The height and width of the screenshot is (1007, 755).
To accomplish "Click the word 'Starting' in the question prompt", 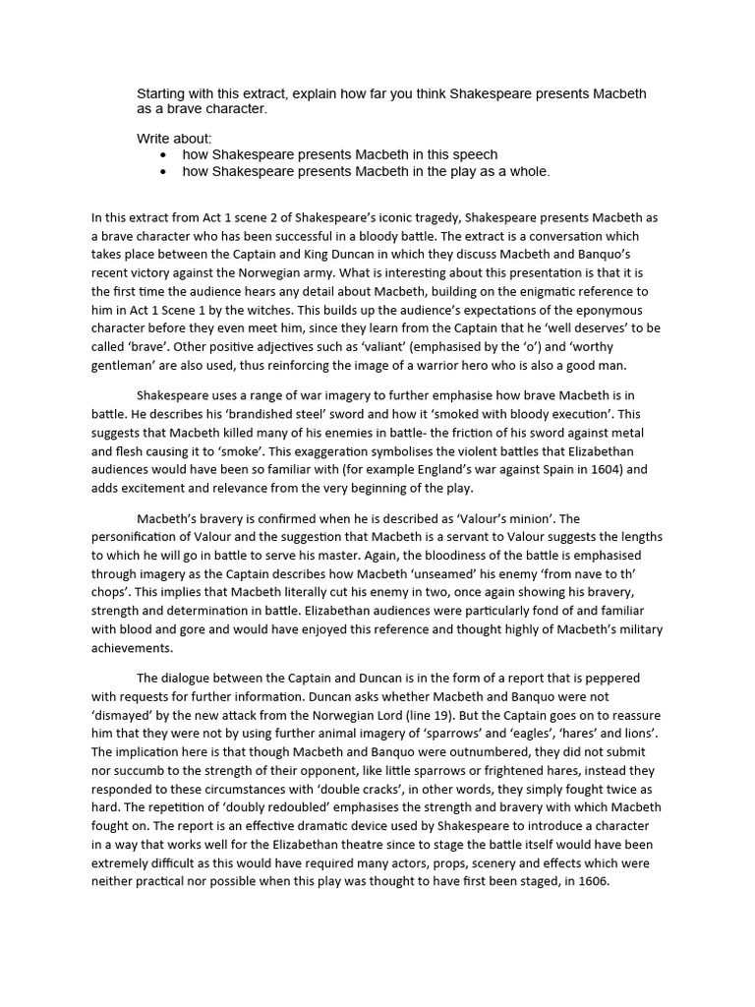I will point(164,93).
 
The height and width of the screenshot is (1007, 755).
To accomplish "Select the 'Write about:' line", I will point(174,138).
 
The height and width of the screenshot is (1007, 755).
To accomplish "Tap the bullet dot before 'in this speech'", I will point(163,155).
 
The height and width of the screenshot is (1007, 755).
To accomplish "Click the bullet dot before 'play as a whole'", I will point(163,172).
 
